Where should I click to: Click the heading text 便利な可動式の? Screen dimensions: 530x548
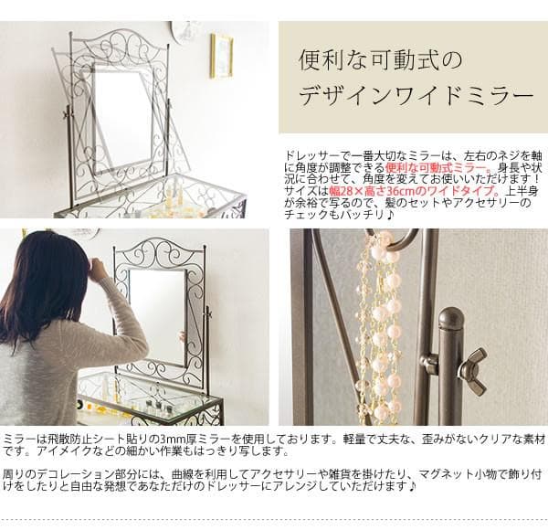tap(383, 62)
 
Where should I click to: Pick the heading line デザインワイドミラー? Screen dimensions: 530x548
tap(415, 95)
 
